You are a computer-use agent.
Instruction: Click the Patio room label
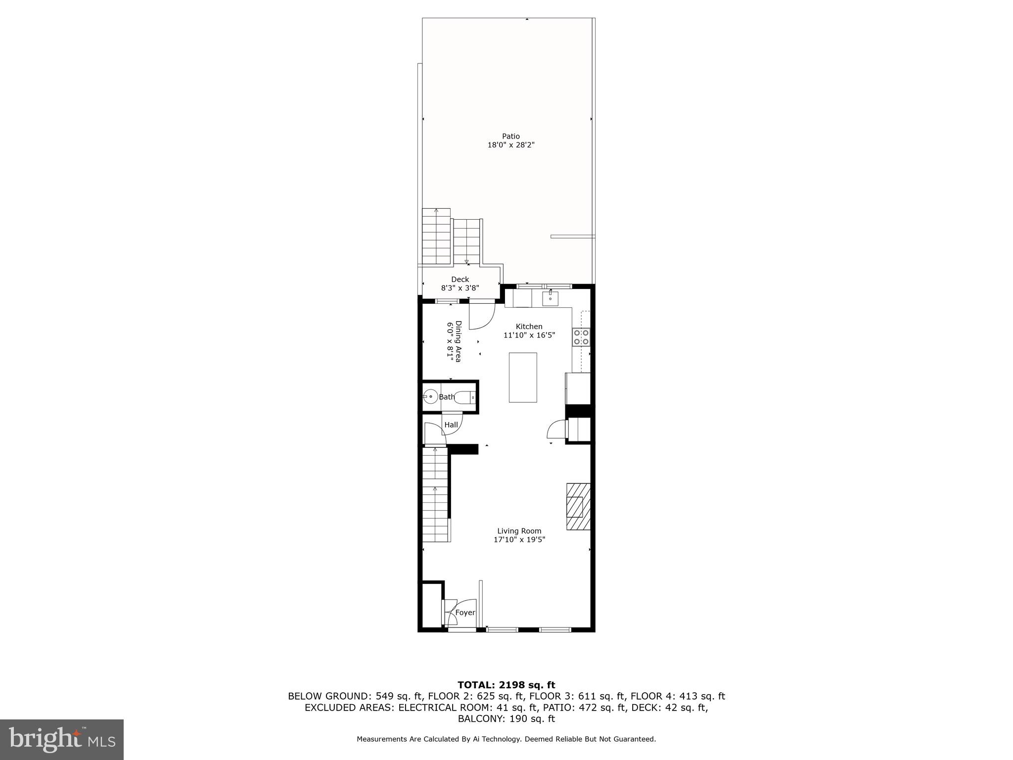[x=511, y=136]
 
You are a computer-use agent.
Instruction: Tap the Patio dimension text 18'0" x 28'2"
[x=511, y=145]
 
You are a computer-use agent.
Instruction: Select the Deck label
[x=460, y=279]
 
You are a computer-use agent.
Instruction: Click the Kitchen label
[x=529, y=327]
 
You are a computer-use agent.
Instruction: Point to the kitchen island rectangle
[x=523, y=377]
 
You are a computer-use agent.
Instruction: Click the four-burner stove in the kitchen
[x=581, y=337]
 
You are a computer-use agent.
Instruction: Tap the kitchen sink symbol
[x=550, y=298]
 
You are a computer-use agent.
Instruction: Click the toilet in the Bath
[x=465, y=397]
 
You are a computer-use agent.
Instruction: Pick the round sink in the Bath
[x=430, y=396]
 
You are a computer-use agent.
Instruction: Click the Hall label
[x=451, y=425]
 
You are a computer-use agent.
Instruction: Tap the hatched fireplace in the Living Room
[x=578, y=507]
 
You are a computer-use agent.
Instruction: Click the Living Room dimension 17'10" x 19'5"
[x=519, y=540]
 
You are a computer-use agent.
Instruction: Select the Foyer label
[x=465, y=613]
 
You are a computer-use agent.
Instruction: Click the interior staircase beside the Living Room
[x=435, y=495]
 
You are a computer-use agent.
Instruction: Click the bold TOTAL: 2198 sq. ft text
[x=506, y=685]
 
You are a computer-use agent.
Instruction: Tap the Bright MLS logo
[x=62, y=740]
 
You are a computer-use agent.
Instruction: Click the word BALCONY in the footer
[x=481, y=718]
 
